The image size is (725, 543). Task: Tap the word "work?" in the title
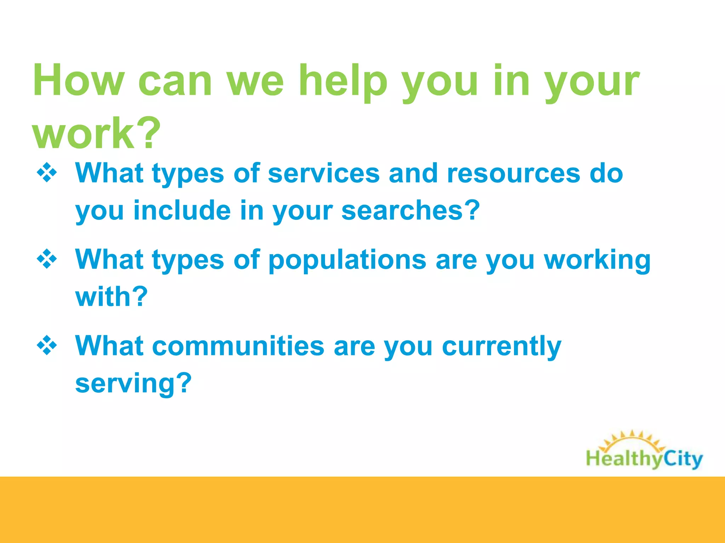tap(96, 133)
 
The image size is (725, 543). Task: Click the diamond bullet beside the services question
tap(47, 173)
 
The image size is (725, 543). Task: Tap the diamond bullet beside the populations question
tap(47, 259)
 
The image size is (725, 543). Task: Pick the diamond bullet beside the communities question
tap(47, 345)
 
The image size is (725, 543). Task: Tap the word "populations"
tap(347, 260)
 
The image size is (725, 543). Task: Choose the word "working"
tap(597, 261)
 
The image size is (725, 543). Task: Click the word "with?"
tap(112, 297)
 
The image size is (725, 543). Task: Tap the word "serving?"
tap(133, 384)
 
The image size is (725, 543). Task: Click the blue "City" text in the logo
tap(683, 459)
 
